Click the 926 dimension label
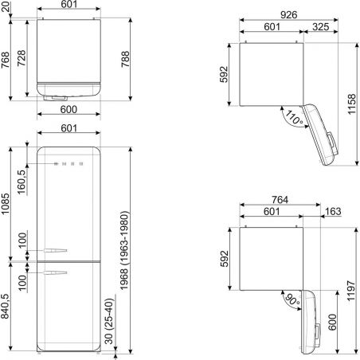(288, 15)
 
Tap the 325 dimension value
(320, 27)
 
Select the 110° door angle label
(294, 118)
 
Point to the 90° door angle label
(292, 299)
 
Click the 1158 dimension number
(352, 104)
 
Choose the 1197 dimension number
(351, 291)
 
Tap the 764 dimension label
(280, 200)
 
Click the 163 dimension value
(333, 211)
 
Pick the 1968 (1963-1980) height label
(124, 250)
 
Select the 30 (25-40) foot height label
(109, 322)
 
